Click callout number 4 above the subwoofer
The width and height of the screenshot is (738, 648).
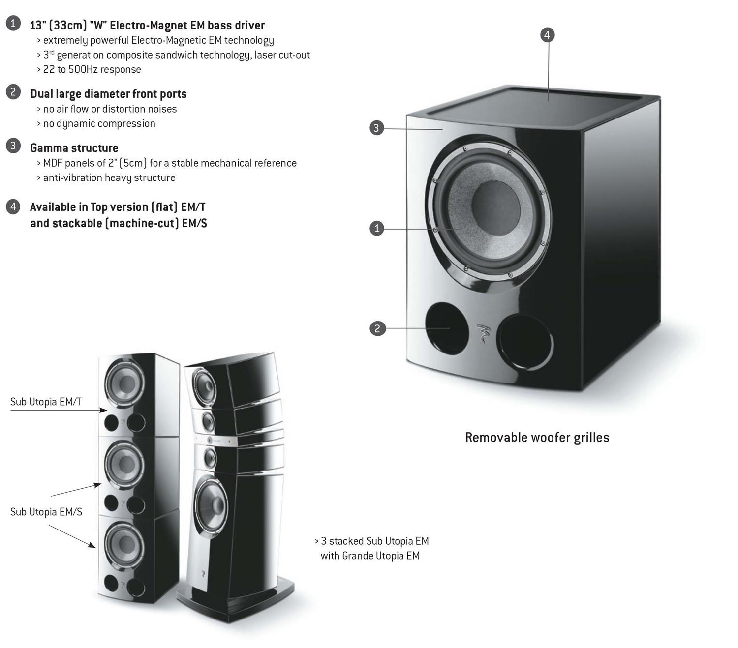(547, 35)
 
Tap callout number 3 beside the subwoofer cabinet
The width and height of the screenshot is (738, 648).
(376, 128)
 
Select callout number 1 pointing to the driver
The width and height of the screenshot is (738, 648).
(377, 228)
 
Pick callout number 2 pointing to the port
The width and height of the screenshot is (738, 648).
(377, 328)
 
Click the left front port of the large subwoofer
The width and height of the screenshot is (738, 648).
(446, 328)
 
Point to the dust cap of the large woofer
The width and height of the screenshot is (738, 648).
(496, 208)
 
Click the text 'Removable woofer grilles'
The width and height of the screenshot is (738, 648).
(537, 437)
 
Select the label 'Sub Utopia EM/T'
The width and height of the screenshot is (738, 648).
(46, 402)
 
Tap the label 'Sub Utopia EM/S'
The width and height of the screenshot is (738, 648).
(46, 512)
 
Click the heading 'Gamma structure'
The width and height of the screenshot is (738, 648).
(74, 148)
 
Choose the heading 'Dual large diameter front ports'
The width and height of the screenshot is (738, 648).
(108, 94)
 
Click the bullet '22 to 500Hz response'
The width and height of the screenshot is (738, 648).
(92, 69)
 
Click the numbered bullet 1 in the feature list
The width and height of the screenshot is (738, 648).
(13, 23)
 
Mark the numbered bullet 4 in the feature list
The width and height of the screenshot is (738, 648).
(13, 207)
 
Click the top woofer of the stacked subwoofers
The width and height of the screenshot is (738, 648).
(124, 383)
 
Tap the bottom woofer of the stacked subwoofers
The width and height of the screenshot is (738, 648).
(124, 545)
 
